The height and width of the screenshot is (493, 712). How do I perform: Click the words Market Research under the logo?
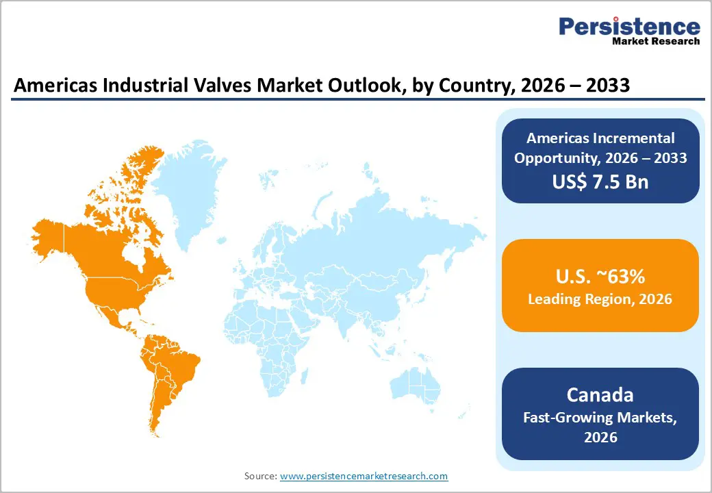point(655,41)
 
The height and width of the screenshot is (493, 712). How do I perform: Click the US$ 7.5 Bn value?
point(600,181)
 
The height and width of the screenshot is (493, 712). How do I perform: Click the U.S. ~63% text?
point(600,277)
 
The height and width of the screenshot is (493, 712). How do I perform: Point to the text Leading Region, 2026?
point(600,299)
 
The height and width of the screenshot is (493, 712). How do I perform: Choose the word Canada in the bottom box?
point(600,395)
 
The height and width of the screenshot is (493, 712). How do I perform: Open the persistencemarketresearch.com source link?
point(364,476)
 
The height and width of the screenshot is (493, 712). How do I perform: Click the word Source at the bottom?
point(260,476)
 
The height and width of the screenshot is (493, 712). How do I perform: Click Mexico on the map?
point(110,312)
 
